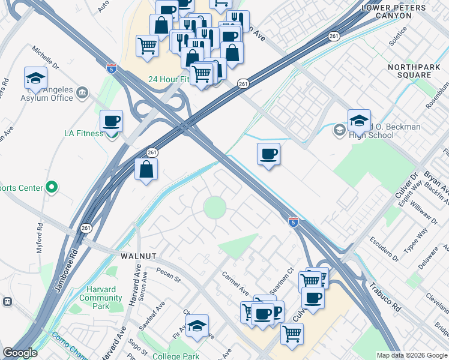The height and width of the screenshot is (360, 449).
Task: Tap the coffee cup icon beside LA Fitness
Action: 112,122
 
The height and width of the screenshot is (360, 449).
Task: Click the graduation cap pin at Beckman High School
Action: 359,121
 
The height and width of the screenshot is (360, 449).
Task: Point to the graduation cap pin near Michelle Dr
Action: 36,79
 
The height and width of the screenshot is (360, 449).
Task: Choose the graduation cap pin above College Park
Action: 197,326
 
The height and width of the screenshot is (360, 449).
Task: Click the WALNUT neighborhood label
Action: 139,256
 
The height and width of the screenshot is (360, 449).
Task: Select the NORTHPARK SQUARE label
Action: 414,71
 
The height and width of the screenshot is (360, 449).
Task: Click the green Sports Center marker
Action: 52,188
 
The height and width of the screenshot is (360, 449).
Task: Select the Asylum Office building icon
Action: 82,92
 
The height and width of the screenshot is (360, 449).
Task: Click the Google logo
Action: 20,353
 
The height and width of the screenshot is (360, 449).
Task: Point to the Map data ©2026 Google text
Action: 411,355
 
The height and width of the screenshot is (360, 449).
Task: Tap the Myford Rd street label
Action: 40,238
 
